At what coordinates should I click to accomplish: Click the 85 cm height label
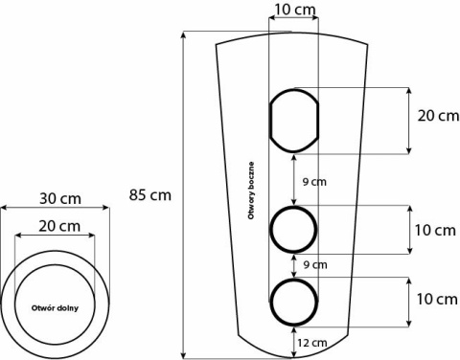(150, 195)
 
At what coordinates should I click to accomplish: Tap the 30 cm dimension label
(60, 199)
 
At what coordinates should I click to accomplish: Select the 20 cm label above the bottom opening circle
(59, 227)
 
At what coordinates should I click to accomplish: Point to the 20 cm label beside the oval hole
(438, 116)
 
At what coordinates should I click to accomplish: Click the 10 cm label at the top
(295, 10)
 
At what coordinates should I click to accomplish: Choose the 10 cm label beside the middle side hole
(435, 230)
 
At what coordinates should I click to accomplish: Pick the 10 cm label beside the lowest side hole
(437, 300)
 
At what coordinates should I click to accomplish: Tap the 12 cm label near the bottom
(312, 343)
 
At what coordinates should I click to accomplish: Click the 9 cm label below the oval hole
(314, 182)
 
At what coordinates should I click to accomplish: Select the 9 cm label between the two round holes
(315, 265)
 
